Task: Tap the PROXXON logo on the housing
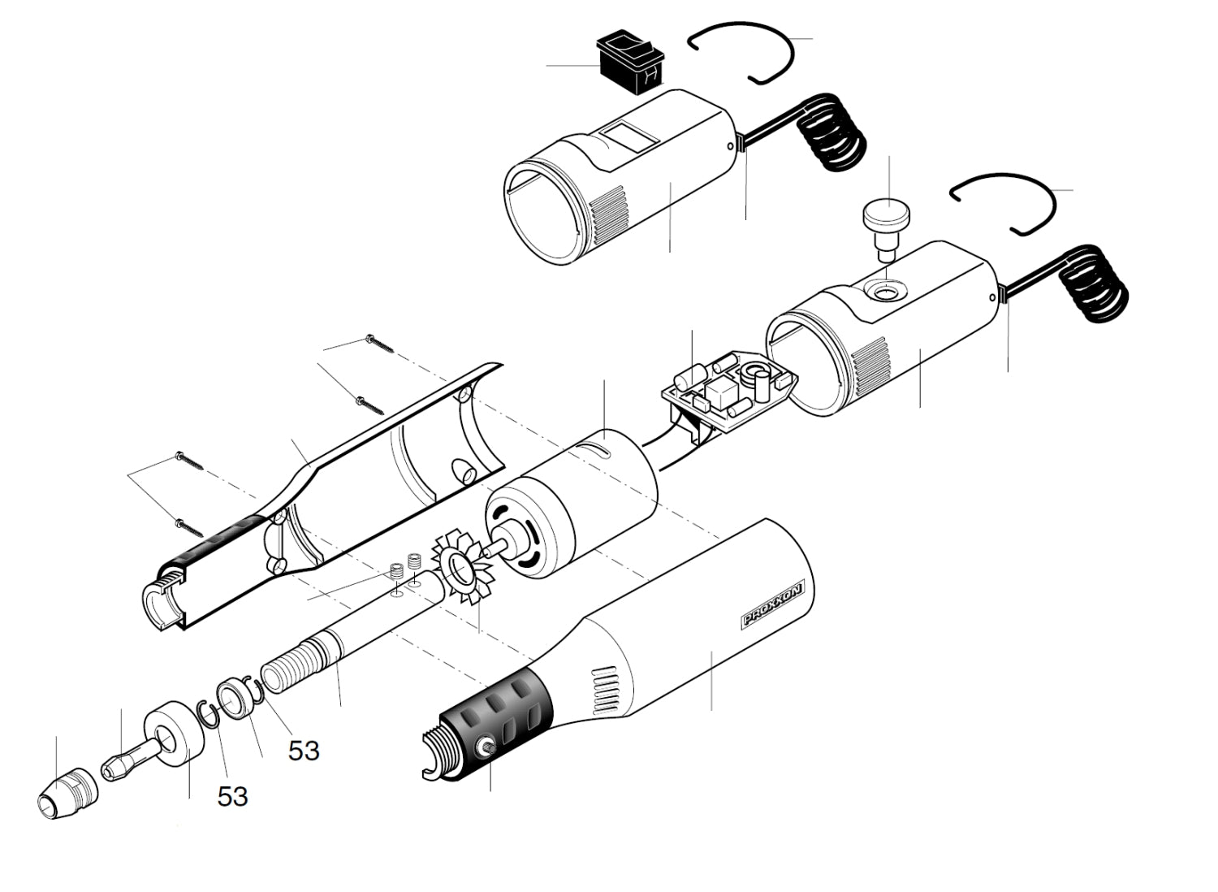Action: click(x=772, y=605)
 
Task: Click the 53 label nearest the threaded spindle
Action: click(x=304, y=751)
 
